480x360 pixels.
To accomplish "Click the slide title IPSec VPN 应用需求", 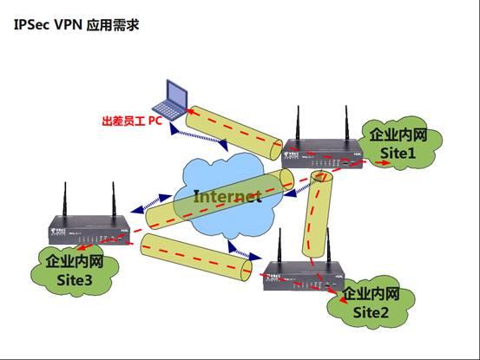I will [x=76, y=25].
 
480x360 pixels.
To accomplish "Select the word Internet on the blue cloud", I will [x=227, y=196].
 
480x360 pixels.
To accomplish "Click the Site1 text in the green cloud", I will [x=398, y=152].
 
